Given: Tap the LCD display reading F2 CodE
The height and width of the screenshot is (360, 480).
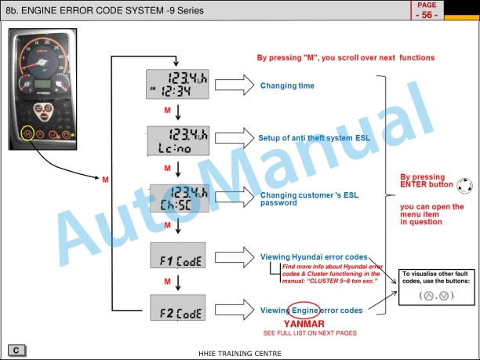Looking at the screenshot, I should click(x=177, y=310).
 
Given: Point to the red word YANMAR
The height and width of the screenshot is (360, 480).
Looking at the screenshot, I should click(x=304, y=323).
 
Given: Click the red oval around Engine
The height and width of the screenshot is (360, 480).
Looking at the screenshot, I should click(x=304, y=310).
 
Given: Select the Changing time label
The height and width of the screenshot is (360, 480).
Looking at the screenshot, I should click(x=287, y=85).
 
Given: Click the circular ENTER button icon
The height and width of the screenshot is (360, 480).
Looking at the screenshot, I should click(x=464, y=185).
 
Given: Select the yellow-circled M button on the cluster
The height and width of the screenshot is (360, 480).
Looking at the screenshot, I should click(x=28, y=134).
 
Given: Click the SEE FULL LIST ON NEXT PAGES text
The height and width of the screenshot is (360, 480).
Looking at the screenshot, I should click(x=310, y=333).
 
